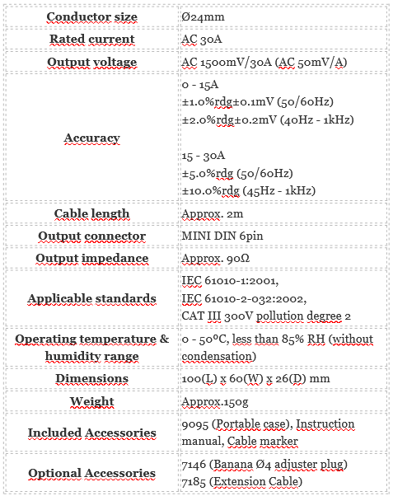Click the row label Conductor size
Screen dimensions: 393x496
coord(91,16)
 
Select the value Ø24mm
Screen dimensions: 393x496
coord(203,16)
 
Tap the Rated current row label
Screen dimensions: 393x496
coord(91,39)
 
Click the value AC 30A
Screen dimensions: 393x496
coord(202,40)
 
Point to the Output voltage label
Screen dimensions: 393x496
coord(91,63)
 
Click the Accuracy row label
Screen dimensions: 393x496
coord(91,138)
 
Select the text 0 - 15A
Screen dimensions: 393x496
coord(200,85)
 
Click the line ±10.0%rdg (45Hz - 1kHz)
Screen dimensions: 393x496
coord(248,191)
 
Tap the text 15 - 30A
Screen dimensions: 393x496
coord(204,156)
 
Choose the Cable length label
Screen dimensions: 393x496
coord(91,214)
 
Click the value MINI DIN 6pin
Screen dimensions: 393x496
coord(222,236)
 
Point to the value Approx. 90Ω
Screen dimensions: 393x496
coord(216,259)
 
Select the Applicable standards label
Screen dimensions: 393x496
coord(91,299)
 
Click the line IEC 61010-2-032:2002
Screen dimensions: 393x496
coord(244,298)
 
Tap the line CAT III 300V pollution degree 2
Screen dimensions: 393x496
coord(266,316)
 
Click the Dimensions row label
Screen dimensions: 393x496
coord(91,378)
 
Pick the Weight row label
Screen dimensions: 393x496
coord(91,401)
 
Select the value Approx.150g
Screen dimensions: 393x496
coord(215,402)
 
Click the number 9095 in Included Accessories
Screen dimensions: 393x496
coord(195,424)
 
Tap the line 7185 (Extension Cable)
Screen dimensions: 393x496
coord(241,482)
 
